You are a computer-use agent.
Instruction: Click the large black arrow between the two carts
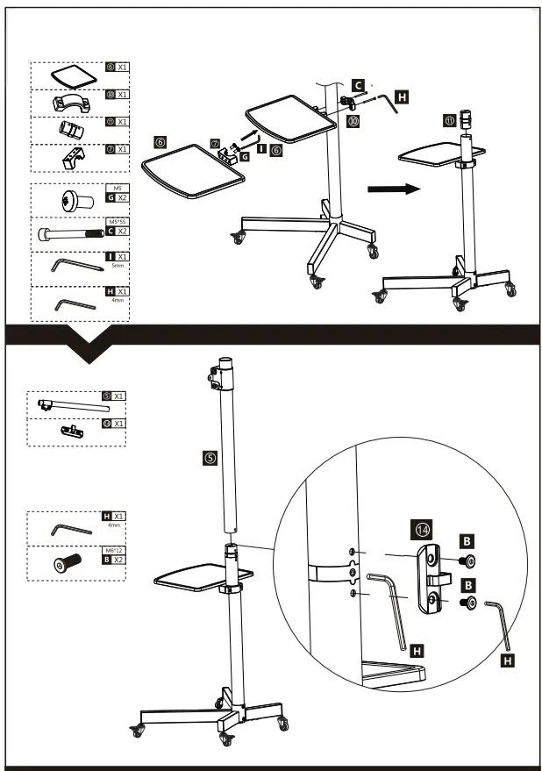tap(391, 189)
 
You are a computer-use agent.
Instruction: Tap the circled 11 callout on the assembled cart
tap(450, 120)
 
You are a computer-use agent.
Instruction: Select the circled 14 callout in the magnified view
tap(423, 530)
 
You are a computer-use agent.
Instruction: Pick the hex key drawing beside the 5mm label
tap(69, 266)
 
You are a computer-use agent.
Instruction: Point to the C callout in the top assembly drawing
tap(358, 85)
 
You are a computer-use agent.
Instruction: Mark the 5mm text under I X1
tap(116, 265)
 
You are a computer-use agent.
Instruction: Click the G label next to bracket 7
tap(245, 155)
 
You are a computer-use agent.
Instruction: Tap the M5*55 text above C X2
tap(116, 223)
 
